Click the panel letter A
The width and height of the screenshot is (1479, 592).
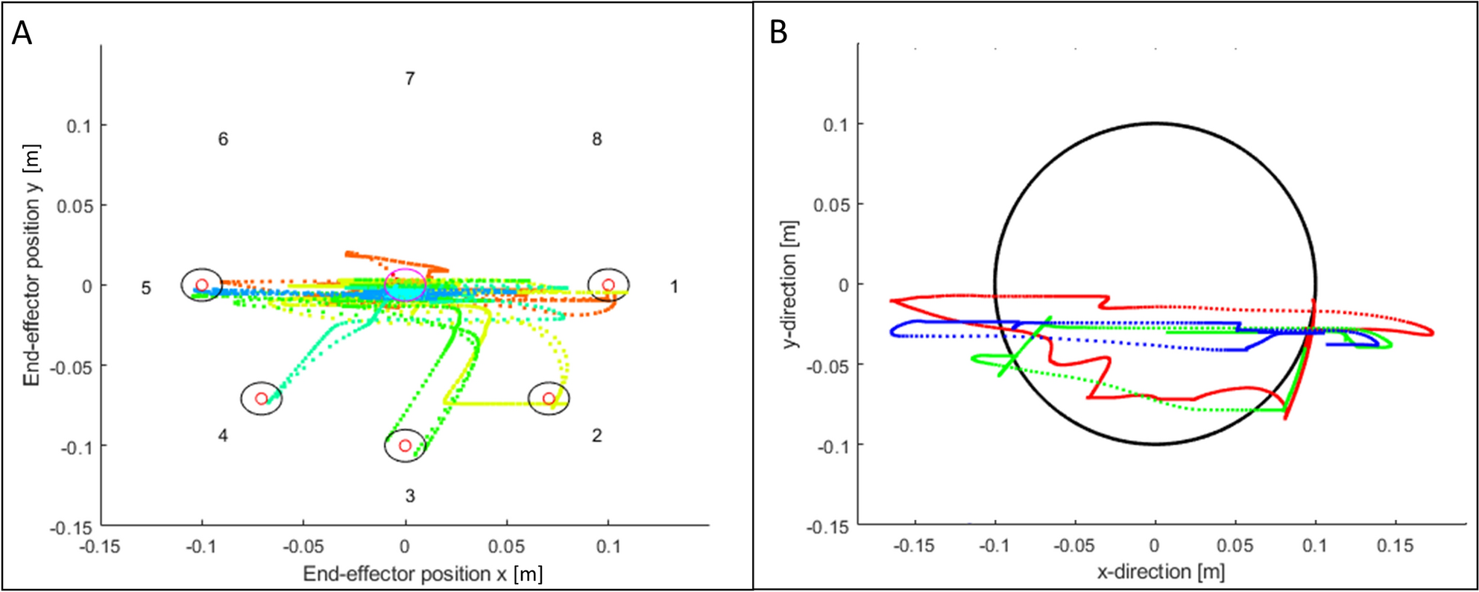coord(22,34)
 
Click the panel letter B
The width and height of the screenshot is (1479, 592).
coord(778,34)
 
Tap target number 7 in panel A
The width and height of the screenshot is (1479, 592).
coord(409,78)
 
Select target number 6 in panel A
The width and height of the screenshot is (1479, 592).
coord(223,139)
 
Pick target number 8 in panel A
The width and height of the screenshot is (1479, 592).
coord(596,139)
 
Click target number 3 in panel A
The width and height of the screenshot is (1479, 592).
coord(409,496)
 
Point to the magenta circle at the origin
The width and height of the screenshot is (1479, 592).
coord(405,285)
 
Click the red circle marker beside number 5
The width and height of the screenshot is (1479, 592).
coord(201,285)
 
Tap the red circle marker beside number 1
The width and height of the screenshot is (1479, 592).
coord(608,285)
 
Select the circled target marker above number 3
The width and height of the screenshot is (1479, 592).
coord(405,446)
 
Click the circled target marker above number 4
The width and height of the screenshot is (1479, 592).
coord(261,398)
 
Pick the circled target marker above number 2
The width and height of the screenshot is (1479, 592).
coord(549,398)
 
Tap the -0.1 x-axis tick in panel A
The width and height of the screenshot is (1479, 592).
coord(201,547)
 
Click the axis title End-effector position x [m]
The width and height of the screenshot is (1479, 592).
coord(423,574)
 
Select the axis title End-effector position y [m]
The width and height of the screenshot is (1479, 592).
coord(31,265)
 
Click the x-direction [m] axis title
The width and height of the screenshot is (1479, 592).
coord(1161,572)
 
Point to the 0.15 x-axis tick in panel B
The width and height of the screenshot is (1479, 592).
coord(1395,546)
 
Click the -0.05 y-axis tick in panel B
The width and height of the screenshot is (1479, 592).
coord(832,366)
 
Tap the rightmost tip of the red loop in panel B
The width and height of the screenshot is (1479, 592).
coord(1433,333)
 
